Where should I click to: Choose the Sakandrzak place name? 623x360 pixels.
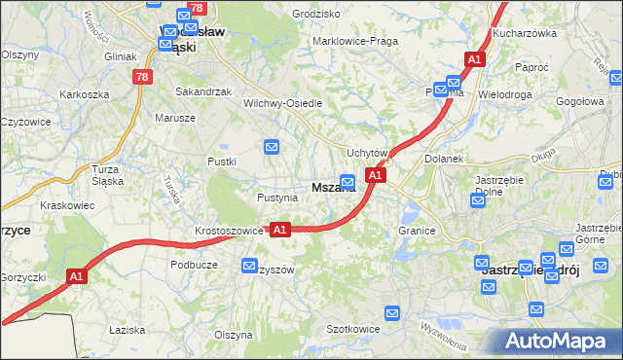(x=202, y=91)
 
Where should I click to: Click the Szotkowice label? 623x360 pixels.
(x=351, y=329)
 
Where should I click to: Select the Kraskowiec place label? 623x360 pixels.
(x=67, y=206)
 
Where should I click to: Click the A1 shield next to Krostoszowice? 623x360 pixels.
(x=279, y=230)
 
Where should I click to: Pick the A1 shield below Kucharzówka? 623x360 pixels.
(x=474, y=60)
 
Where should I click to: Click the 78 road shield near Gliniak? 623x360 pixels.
(x=143, y=76)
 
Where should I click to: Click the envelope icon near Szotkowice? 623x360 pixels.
(x=392, y=313)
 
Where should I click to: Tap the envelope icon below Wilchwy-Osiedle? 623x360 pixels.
(x=272, y=147)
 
